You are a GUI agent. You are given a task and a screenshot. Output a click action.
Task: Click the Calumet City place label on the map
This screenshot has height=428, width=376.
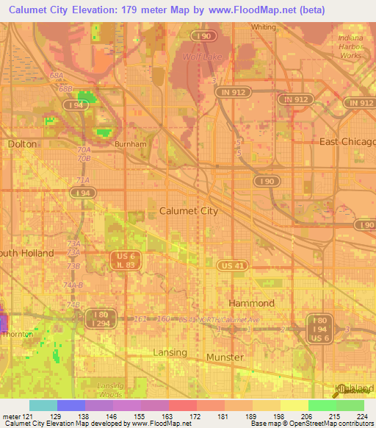pos(189,211)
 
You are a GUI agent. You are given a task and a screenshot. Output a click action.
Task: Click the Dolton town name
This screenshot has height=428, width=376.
pos(22,144)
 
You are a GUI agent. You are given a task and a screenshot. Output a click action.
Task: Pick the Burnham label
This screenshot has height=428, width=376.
pos(131,144)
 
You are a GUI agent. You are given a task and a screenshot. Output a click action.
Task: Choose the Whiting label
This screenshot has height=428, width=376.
pos(264,27)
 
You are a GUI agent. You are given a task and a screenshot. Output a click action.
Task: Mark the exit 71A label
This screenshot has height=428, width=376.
pos(82,179)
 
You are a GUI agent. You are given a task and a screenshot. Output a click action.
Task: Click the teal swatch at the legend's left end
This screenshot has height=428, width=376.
pos(43,405)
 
